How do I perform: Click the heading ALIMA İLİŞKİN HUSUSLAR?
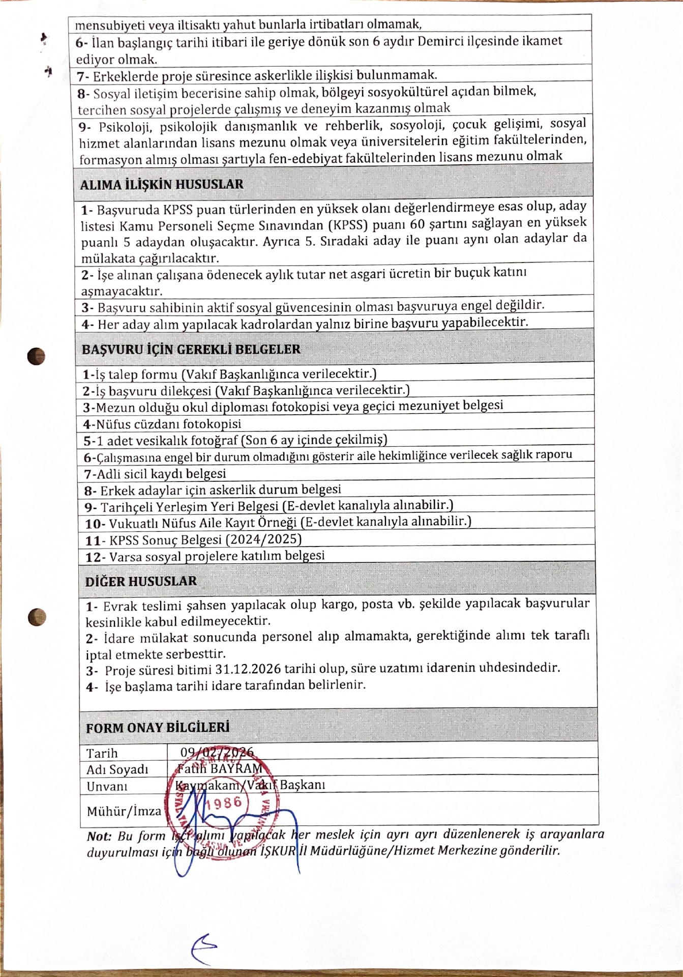click(162, 184)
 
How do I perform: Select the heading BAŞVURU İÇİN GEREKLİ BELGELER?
click(191, 349)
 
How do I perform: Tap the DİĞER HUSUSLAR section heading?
click(141, 581)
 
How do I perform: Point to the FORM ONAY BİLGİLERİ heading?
click(158, 727)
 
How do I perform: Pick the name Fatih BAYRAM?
click(220, 768)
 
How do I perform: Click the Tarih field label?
click(102, 753)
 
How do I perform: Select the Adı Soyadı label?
click(117, 769)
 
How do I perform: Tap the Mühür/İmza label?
click(124, 811)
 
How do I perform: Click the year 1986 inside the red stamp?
click(227, 802)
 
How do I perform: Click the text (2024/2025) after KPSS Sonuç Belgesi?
click(263, 539)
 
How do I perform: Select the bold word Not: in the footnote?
click(99, 836)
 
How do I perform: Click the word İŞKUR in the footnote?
click(278, 851)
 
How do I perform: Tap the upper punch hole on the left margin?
click(36, 356)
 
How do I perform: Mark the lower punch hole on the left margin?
click(37, 617)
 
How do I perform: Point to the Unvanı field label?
click(107, 786)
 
